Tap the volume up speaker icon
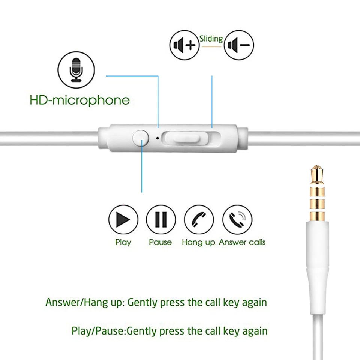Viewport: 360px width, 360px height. point(184,45)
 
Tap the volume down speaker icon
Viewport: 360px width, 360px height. point(239,45)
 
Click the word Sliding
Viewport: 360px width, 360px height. point(211,39)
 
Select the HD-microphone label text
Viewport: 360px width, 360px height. point(79,100)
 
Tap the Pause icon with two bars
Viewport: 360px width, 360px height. point(161,219)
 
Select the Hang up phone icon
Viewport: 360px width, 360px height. point(199,219)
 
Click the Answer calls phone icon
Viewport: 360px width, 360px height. point(237,219)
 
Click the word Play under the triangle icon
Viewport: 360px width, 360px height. point(123,242)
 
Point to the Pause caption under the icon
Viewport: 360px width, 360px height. point(160,242)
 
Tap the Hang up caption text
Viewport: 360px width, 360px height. point(198,242)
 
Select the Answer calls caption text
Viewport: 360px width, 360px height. point(242,242)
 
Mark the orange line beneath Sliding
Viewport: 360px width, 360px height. point(211,46)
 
